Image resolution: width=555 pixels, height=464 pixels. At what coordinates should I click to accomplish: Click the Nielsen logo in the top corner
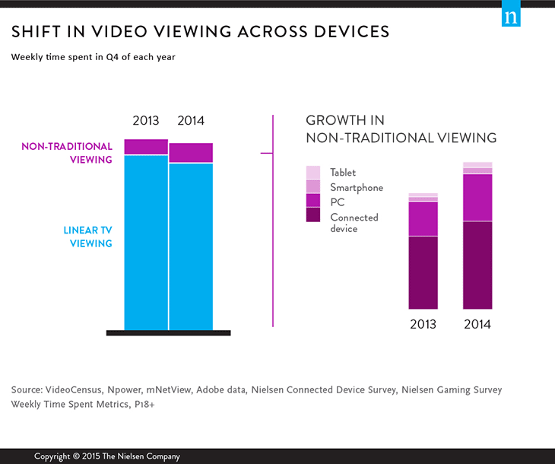click(510, 17)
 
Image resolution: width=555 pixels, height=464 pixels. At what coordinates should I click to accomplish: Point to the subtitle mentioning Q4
click(94, 56)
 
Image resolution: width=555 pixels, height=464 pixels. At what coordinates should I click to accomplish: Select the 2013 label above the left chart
click(146, 121)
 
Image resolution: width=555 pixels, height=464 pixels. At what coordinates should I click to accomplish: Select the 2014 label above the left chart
click(191, 121)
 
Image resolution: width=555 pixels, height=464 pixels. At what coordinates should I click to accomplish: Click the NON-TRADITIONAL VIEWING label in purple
click(67, 153)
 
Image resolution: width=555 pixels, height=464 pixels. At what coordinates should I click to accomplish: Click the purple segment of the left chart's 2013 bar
click(146, 147)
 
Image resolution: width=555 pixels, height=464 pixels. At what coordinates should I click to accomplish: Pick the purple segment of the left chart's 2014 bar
click(191, 153)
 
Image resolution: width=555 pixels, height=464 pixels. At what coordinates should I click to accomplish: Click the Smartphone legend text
click(357, 187)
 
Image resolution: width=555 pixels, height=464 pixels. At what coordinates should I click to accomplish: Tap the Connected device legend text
click(354, 223)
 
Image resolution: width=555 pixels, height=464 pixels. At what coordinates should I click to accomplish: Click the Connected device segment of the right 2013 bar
click(423, 272)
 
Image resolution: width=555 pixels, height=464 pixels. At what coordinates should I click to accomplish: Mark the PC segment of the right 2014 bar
click(477, 197)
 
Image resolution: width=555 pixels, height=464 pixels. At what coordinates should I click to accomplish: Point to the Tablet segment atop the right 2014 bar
click(477, 164)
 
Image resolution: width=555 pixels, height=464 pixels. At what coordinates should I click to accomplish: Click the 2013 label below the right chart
click(423, 324)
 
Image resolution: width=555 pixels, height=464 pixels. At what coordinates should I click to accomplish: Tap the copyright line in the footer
click(107, 456)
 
